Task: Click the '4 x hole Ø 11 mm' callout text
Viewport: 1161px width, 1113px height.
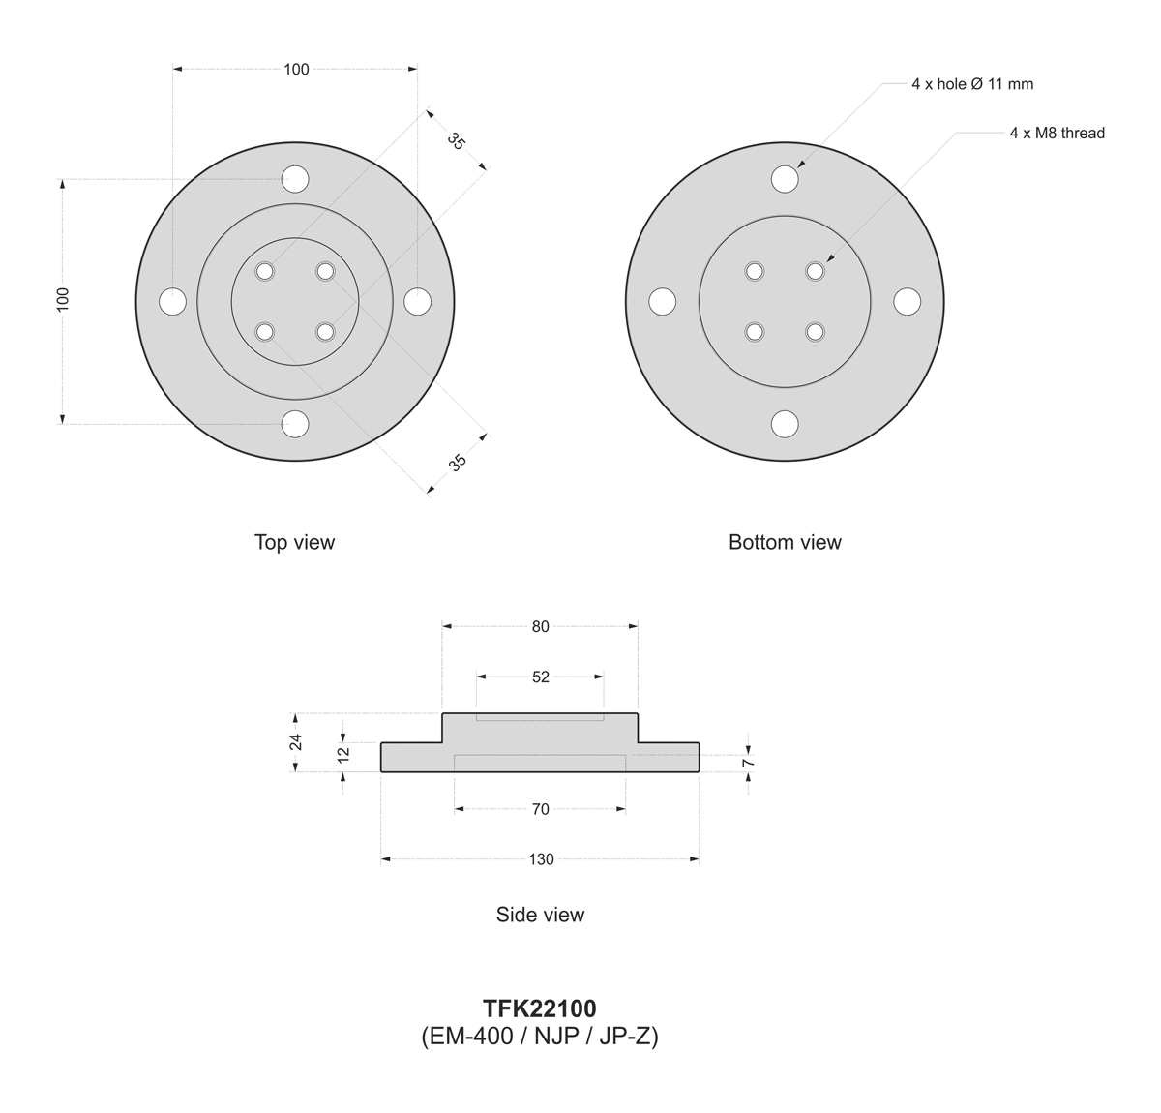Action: (x=972, y=84)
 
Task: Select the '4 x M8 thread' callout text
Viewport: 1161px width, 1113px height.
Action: (x=1057, y=133)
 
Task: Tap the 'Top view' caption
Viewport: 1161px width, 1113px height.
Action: (x=295, y=542)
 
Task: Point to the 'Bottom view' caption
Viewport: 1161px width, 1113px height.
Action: (x=785, y=542)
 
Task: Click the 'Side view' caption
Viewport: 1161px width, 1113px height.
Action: (x=540, y=915)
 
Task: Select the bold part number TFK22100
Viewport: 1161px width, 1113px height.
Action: (x=539, y=1008)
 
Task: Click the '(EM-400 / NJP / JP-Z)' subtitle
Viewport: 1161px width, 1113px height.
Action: (x=539, y=1036)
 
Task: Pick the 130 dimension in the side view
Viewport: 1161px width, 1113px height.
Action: (x=541, y=859)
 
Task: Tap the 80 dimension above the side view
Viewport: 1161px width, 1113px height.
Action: (x=540, y=626)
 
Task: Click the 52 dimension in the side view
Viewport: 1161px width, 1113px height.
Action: (x=540, y=677)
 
